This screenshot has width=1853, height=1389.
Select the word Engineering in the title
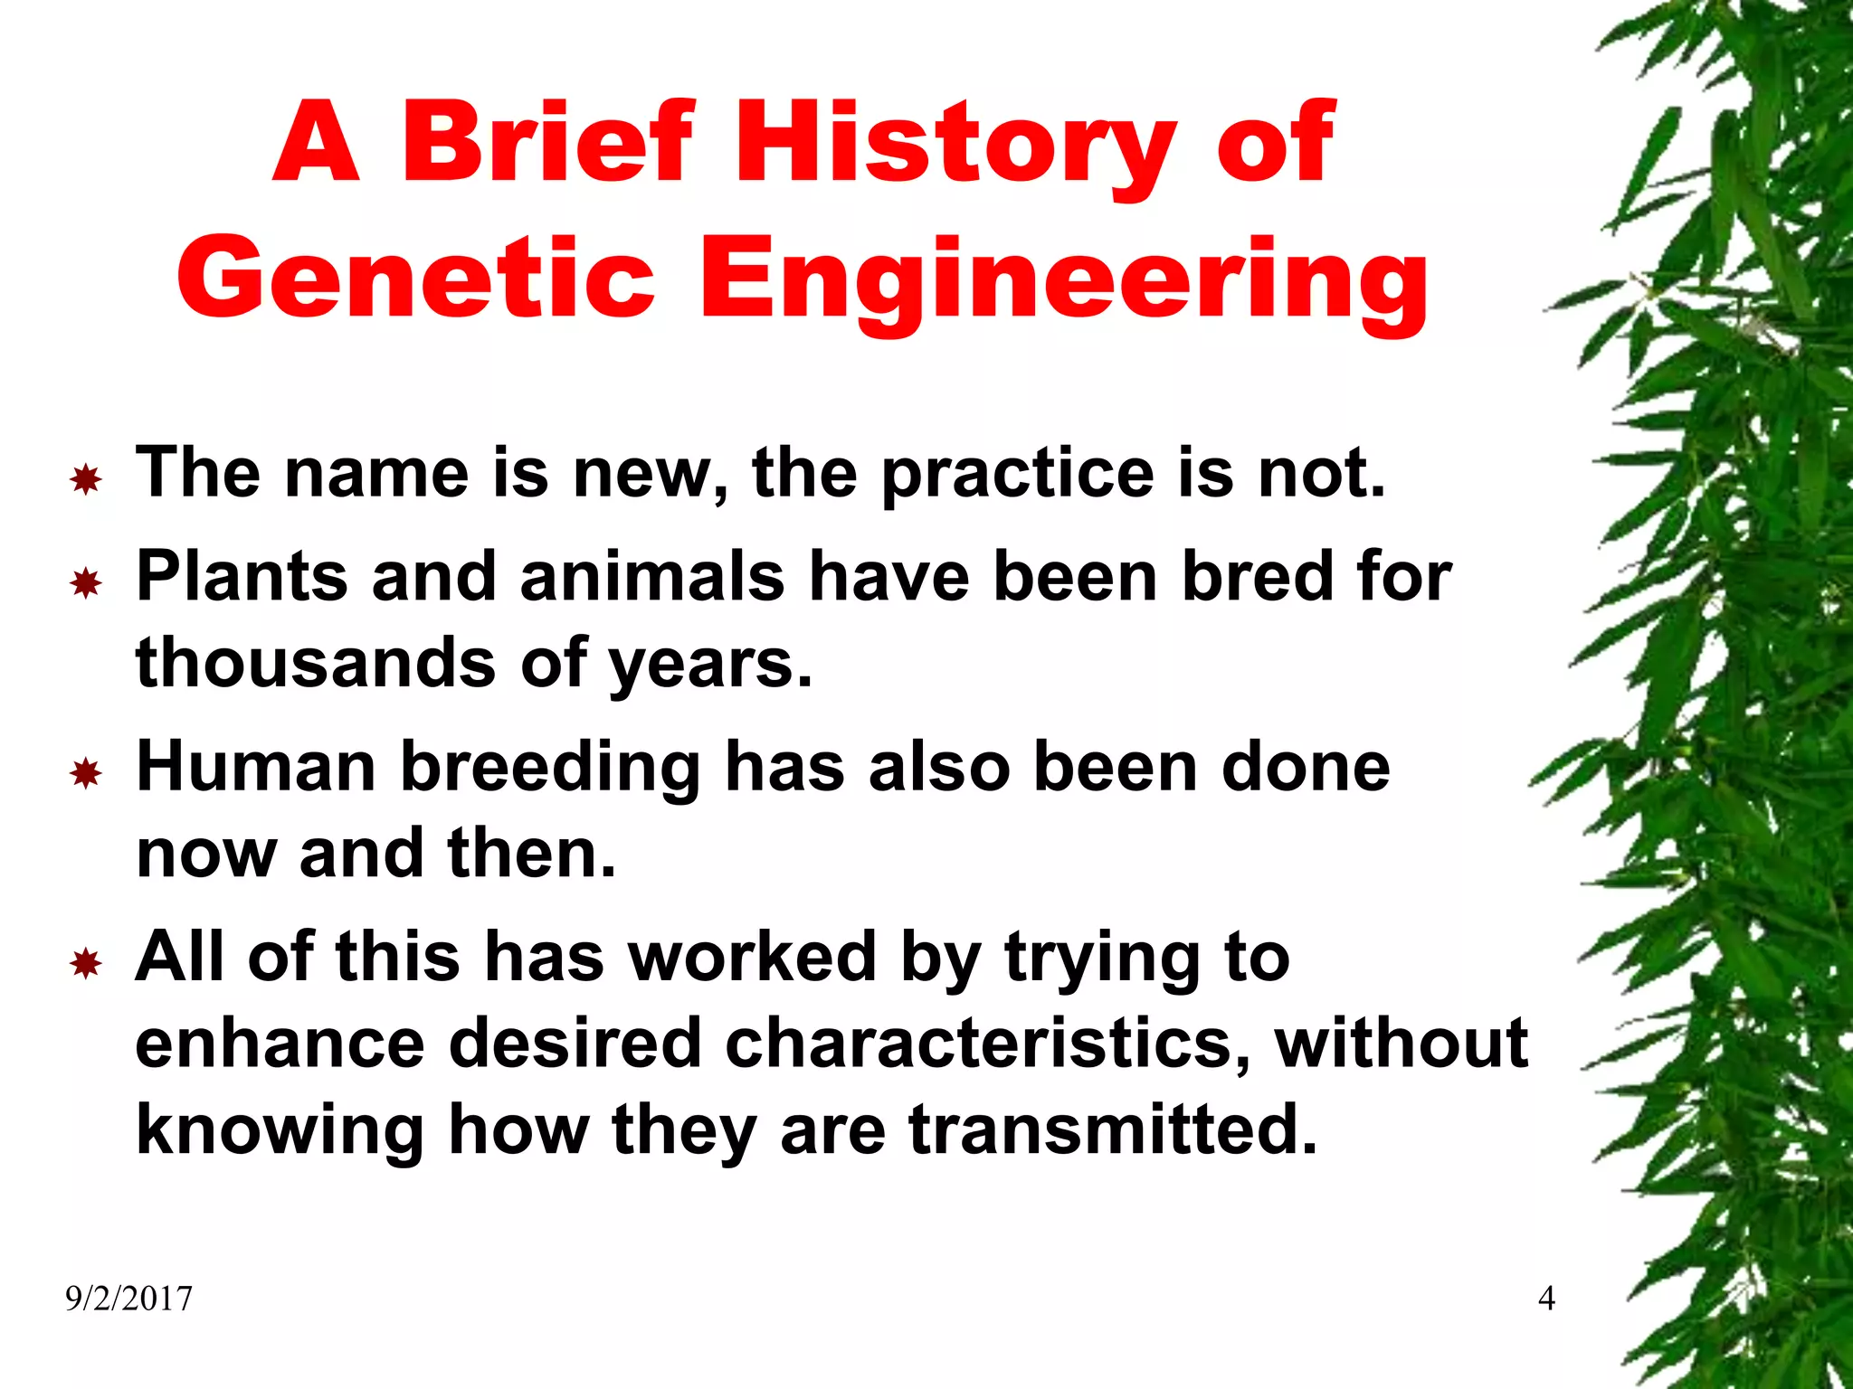pos(1064,280)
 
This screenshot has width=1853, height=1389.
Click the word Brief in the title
pos(548,143)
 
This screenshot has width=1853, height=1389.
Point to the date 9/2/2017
pos(129,1299)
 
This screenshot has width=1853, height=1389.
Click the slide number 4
pos(1546,1299)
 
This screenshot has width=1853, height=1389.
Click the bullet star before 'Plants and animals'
pos(86,583)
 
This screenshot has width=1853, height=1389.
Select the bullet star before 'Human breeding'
pos(86,773)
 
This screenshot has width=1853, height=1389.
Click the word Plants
pos(242,577)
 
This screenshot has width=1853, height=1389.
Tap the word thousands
pos(316,662)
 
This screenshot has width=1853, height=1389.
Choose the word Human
pos(256,767)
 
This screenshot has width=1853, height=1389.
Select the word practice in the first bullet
pos(1018,474)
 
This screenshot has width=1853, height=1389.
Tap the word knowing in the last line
pos(280,1130)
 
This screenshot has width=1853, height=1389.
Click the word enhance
pos(280,1043)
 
